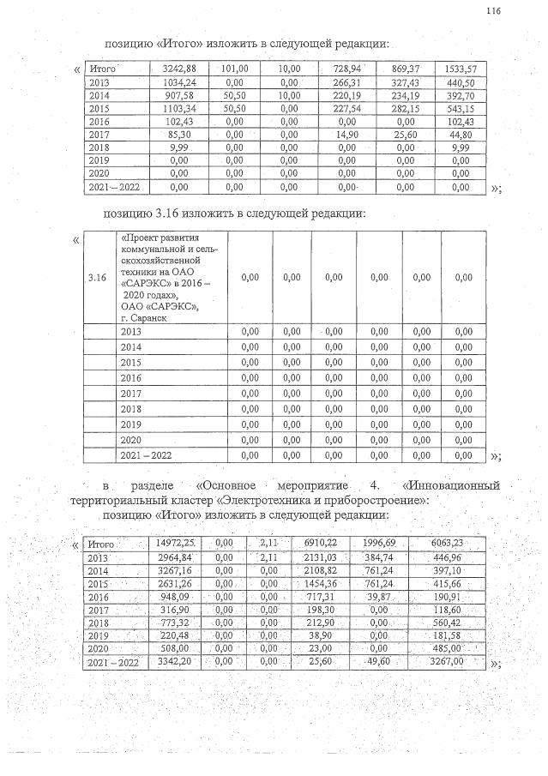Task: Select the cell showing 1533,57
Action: (x=461, y=68)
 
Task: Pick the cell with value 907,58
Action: (x=182, y=97)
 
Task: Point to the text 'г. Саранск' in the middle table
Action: (x=144, y=317)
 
